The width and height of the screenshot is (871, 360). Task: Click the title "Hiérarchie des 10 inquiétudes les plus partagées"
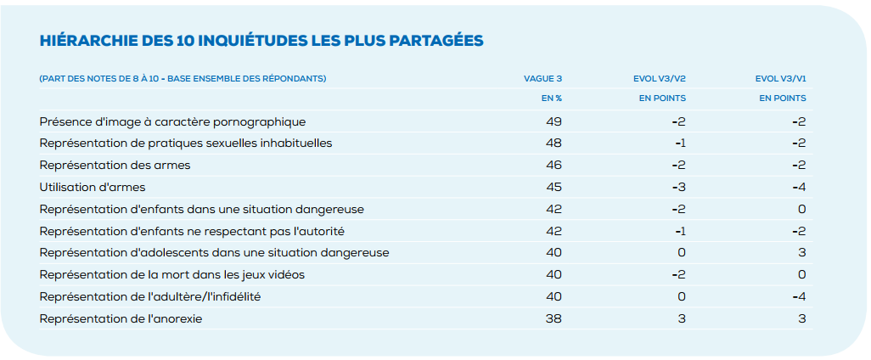261,40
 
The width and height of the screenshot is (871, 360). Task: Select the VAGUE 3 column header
542,79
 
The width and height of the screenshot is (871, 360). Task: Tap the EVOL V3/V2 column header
660,79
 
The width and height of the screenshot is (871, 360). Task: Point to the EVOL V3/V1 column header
780,79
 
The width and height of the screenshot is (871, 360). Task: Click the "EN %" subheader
552,98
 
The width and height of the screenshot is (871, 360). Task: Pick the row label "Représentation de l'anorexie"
121,319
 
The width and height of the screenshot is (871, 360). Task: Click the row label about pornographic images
172,121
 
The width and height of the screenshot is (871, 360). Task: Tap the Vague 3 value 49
554,121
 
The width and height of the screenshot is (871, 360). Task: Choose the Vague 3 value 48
554,143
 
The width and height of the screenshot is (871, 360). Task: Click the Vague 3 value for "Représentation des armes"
554,166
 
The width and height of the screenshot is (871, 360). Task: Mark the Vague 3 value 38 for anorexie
554,319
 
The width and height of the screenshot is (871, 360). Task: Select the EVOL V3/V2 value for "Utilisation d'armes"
678,187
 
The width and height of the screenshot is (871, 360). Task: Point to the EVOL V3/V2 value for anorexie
681,319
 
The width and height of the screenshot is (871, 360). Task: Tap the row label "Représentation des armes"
115,166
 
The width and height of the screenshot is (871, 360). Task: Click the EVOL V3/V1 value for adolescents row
801,253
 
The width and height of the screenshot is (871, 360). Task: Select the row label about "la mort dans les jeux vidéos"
171,275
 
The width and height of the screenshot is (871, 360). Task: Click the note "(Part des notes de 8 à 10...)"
183,79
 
